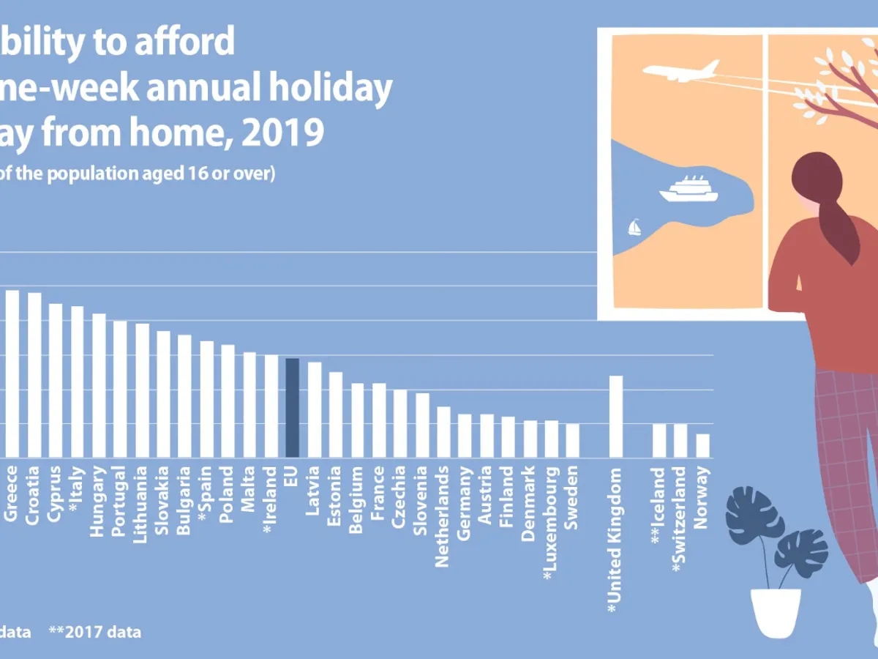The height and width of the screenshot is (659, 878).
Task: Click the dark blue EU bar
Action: pyautogui.click(x=292, y=408)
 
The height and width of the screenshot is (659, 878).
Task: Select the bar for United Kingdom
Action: pyautogui.click(x=616, y=416)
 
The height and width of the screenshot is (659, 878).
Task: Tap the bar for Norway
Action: pyautogui.click(x=702, y=445)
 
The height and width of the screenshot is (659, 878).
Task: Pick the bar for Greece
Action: pyautogui.click(x=12, y=373)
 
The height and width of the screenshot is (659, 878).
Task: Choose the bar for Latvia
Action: pyautogui.click(x=314, y=409)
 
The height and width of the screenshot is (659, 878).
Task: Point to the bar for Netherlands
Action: pyautogui.click(x=443, y=431)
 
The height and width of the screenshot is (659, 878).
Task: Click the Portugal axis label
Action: pyautogui.click(x=119, y=501)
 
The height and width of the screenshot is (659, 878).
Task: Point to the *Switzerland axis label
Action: pyautogui.click(x=680, y=517)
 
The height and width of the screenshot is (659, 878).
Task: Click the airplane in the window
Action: pyautogui.click(x=680, y=71)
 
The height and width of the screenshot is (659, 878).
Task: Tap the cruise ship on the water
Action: pyautogui.click(x=688, y=189)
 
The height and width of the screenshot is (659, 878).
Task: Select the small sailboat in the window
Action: pyautogui.click(x=634, y=227)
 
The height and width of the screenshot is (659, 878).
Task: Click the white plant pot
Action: pyautogui.click(x=776, y=611)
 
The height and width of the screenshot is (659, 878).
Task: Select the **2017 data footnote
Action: pyautogui.click(x=94, y=631)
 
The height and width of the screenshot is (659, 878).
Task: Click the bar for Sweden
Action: pyautogui.click(x=573, y=440)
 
